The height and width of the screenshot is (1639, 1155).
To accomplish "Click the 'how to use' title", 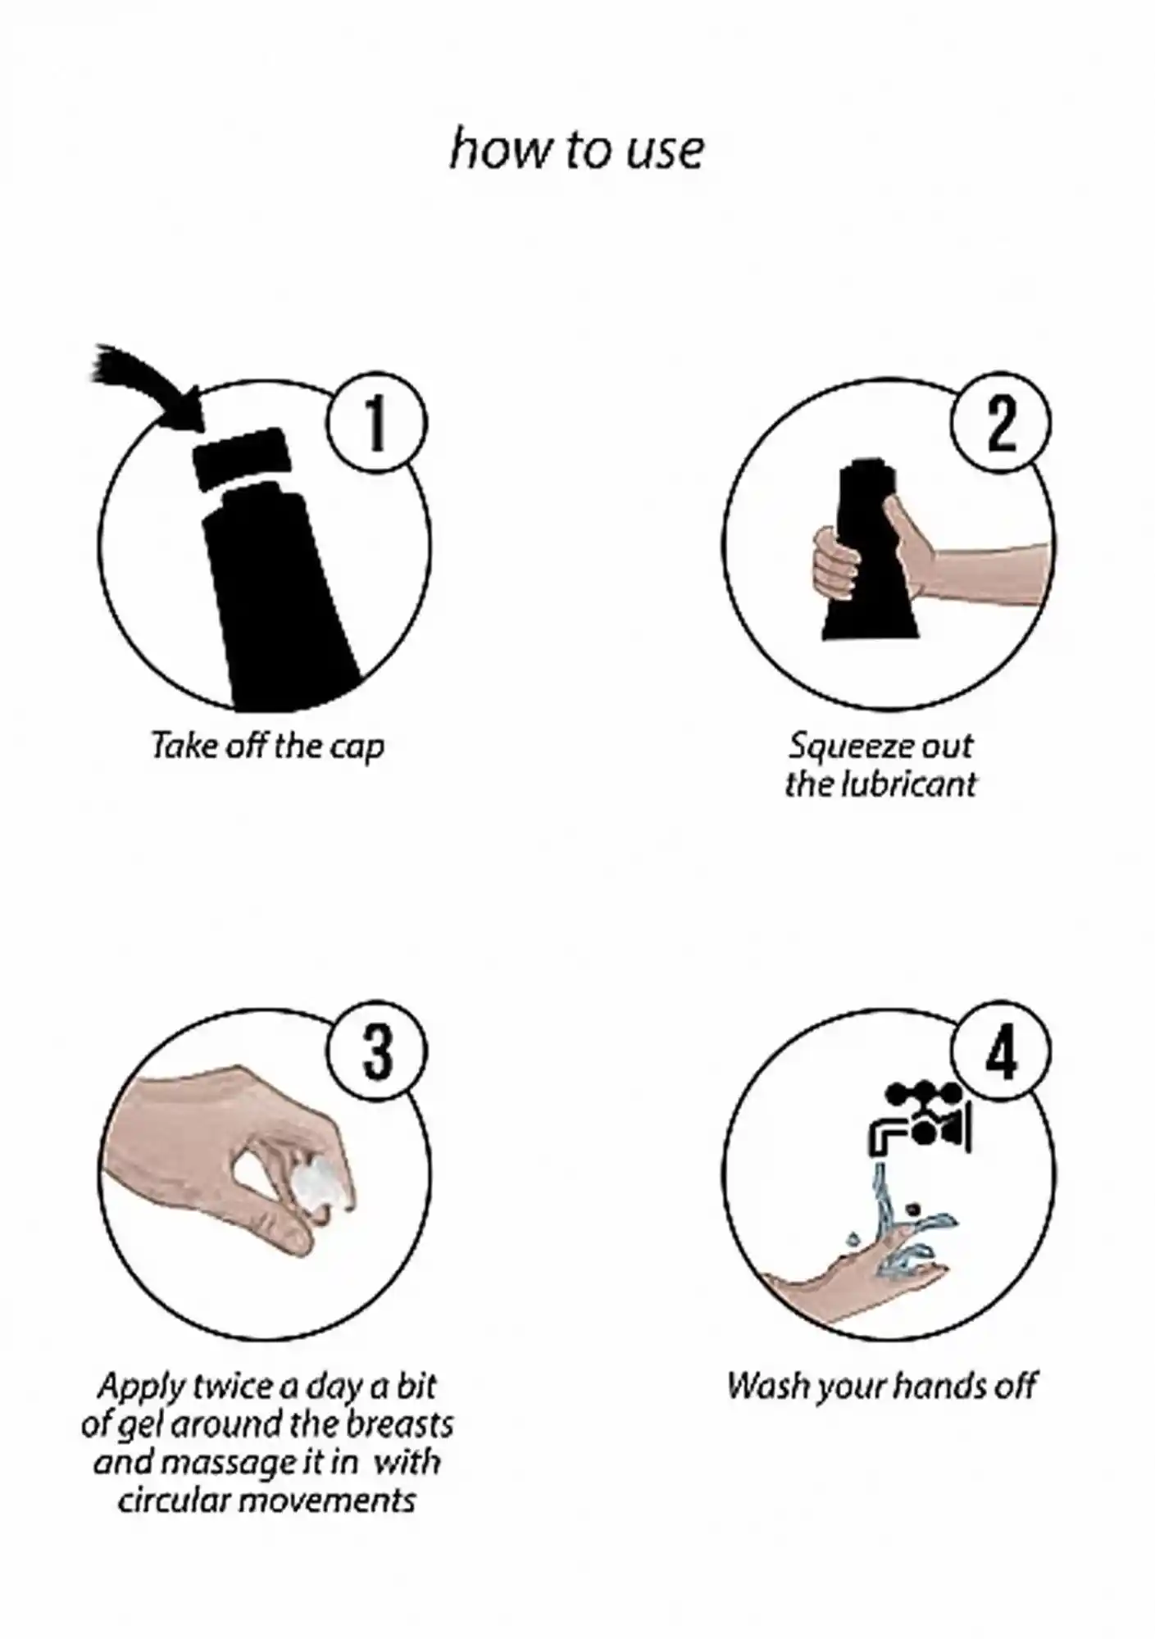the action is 576,150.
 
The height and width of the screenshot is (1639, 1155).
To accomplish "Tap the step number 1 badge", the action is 376,425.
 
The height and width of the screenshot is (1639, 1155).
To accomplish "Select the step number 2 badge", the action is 1000,425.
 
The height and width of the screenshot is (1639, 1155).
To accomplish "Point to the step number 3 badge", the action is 376,1052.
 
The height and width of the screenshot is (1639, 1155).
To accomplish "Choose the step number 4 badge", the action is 1000,1052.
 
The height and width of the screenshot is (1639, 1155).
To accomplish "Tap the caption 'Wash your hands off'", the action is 882,1386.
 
